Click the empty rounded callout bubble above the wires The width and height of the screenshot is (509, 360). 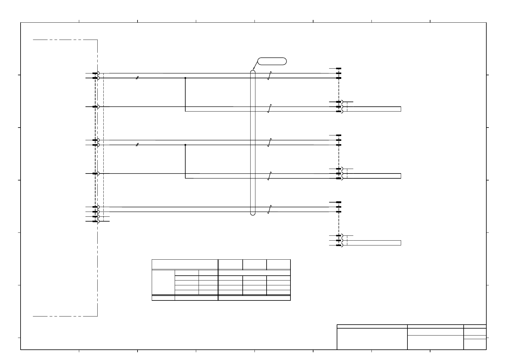coord(272,61)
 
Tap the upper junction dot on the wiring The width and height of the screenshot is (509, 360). coord(185,78)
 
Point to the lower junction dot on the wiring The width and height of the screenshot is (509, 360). coord(185,145)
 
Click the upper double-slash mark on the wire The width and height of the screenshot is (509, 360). coord(137,78)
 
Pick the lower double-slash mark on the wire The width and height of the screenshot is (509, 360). coord(137,145)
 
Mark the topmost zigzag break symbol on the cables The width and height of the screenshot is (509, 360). coord(270,76)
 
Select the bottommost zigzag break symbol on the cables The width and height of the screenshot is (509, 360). coord(270,209)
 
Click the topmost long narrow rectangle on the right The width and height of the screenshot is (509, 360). coord(374,109)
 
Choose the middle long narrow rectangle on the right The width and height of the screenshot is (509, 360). coord(374,176)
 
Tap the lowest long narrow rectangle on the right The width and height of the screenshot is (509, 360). coord(374,243)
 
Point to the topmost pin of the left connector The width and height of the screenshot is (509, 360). coord(95,73)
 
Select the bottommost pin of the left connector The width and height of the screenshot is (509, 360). coord(95,221)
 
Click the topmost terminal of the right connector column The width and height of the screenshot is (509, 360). coord(339,69)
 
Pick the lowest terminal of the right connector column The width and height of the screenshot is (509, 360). coord(339,245)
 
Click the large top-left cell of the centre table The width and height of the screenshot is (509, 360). coord(185,264)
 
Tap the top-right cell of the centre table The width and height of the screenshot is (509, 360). coord(278,264)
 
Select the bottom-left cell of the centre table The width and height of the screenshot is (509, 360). coord(163,298)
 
